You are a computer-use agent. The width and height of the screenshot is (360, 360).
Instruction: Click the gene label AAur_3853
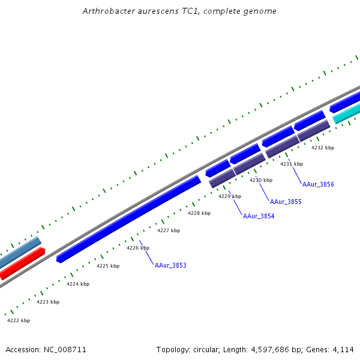170,265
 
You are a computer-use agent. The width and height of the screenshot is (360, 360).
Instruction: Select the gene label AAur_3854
259,216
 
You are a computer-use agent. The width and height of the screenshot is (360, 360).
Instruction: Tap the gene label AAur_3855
286,202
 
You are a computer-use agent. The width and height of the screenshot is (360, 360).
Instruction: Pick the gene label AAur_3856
318,184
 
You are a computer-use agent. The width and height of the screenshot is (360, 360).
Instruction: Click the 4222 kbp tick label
19,320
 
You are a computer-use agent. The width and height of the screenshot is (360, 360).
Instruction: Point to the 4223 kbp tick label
48,302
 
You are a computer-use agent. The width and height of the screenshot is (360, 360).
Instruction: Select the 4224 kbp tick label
78,284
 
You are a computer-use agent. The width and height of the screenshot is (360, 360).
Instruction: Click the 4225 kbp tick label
108,266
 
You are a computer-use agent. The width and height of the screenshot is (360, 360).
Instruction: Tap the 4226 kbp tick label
138,248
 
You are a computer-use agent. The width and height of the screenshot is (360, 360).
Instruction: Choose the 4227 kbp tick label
169,230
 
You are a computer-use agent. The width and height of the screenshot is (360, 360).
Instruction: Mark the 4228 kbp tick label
199,213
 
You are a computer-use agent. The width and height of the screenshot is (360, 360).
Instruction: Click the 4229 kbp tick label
230,196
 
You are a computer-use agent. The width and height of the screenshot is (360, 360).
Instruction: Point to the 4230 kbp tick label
261,180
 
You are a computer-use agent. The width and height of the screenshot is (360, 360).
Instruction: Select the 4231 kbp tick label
292,164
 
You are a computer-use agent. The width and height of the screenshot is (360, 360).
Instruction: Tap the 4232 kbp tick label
323,148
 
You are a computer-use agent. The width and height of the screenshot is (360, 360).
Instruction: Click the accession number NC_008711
66,349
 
